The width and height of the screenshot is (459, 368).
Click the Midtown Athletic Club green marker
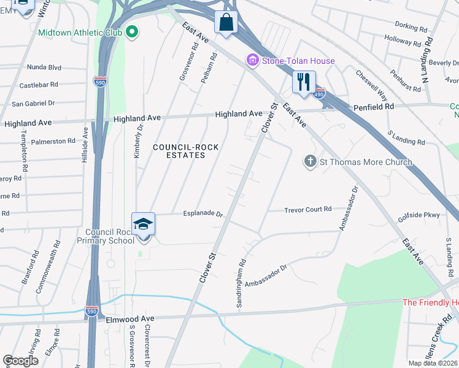(x=131, y=33)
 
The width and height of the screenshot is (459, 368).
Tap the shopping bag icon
(x=225, y=23)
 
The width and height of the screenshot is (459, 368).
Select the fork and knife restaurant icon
(x=304, y=82)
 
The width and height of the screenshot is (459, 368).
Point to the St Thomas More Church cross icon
(x=310, y=162)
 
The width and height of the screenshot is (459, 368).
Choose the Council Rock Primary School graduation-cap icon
(x=143, y=224)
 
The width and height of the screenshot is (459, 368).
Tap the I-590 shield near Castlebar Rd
(x=100, y=81)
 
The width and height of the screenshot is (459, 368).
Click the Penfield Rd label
(x=373, y=107)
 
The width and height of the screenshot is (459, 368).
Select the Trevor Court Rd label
(x=307, y=210)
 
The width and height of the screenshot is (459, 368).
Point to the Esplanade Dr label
(x=202, y=213)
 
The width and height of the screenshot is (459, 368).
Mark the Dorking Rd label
(x=411, y=28)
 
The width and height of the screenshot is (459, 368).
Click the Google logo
(x=20, y=361)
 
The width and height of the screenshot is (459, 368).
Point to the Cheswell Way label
(x=372, y=85)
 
